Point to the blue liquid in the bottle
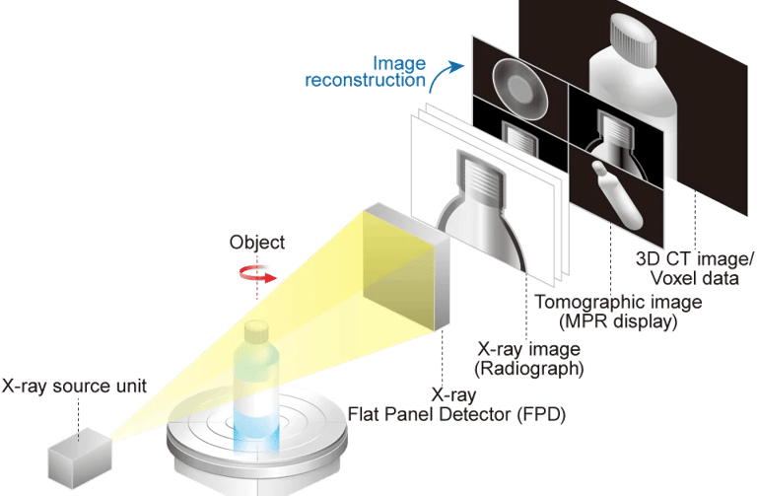click(x=257, y=424)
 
